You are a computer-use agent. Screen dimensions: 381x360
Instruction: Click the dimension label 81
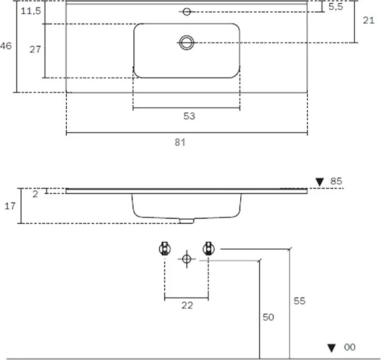coord(180,142)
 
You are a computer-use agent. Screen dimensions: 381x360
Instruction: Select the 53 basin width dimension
coord(189,116)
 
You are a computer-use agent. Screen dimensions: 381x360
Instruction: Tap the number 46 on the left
coord(6,46)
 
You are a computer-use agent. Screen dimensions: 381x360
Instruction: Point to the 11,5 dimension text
coord(31,11)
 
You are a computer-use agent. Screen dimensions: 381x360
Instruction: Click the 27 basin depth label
coord(35,49)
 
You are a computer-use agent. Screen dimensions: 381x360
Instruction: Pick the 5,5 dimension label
coord(336,7)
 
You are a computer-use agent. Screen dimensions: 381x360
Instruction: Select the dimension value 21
coord(369,20)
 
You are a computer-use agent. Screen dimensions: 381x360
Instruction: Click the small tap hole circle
coord(187,11)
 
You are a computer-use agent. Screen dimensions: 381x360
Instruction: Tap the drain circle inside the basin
coord(187,43)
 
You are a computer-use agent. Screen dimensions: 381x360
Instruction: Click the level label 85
coord(336,181)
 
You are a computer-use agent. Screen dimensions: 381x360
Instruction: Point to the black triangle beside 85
coord(320,182)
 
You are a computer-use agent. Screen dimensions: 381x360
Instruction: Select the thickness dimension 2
coord(35,194)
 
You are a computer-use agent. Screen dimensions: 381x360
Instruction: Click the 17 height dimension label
coord(10,206)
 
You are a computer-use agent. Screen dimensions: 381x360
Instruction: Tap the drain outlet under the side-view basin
coord(187,220)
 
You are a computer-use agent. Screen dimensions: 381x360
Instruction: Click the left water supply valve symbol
coord(165,248)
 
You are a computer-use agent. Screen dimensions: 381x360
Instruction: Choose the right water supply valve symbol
coord(208,248)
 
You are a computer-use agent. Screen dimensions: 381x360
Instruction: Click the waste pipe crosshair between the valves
coord(187,259)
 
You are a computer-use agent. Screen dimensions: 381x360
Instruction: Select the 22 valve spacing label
coord(187,305)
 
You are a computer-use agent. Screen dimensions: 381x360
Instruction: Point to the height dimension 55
coord(299,301)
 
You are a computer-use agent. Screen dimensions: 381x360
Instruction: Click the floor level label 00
coord(350,347)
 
